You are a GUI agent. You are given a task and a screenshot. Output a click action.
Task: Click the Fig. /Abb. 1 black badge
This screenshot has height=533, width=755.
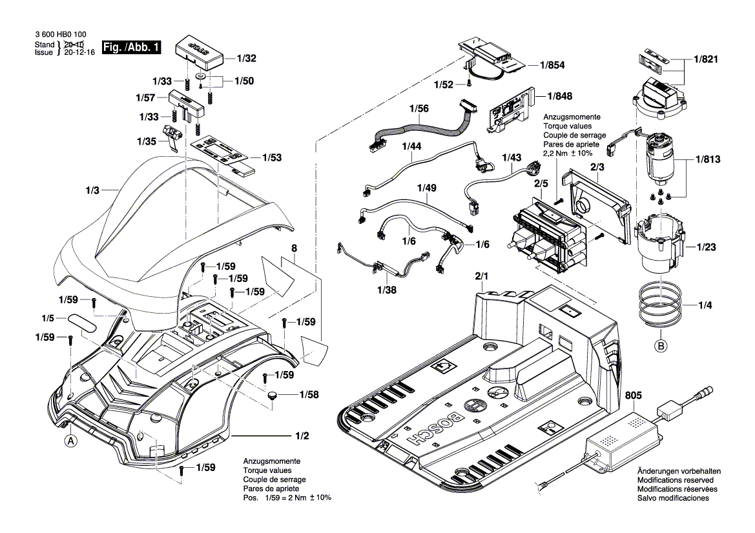pos(133,48)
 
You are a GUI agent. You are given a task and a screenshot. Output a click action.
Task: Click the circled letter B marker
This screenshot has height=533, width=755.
pos(661,347)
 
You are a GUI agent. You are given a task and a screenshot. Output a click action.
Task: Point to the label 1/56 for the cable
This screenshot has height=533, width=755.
pos(419,110)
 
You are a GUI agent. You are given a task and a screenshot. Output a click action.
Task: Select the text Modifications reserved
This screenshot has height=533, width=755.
pos(675,481)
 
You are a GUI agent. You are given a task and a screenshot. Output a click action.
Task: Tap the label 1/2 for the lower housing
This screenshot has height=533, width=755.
pos(302,437)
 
